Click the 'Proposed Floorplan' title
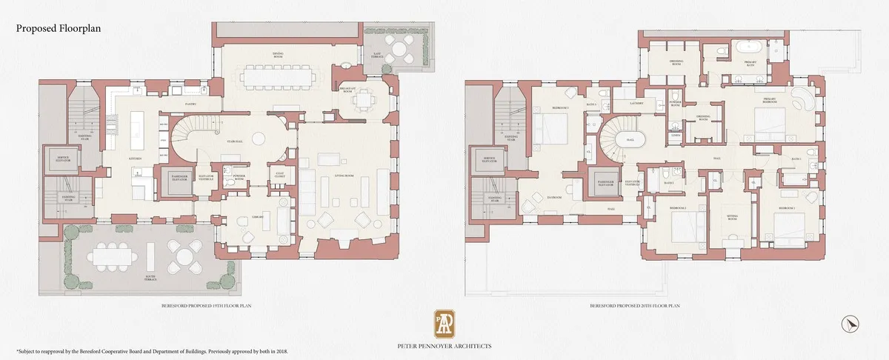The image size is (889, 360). (58, 28)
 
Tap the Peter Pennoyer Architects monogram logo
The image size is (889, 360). (444, 322)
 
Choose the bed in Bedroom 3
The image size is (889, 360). (547, 130)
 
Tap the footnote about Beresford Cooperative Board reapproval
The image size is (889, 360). (152, 350)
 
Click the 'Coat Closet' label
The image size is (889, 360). (279, 176)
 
